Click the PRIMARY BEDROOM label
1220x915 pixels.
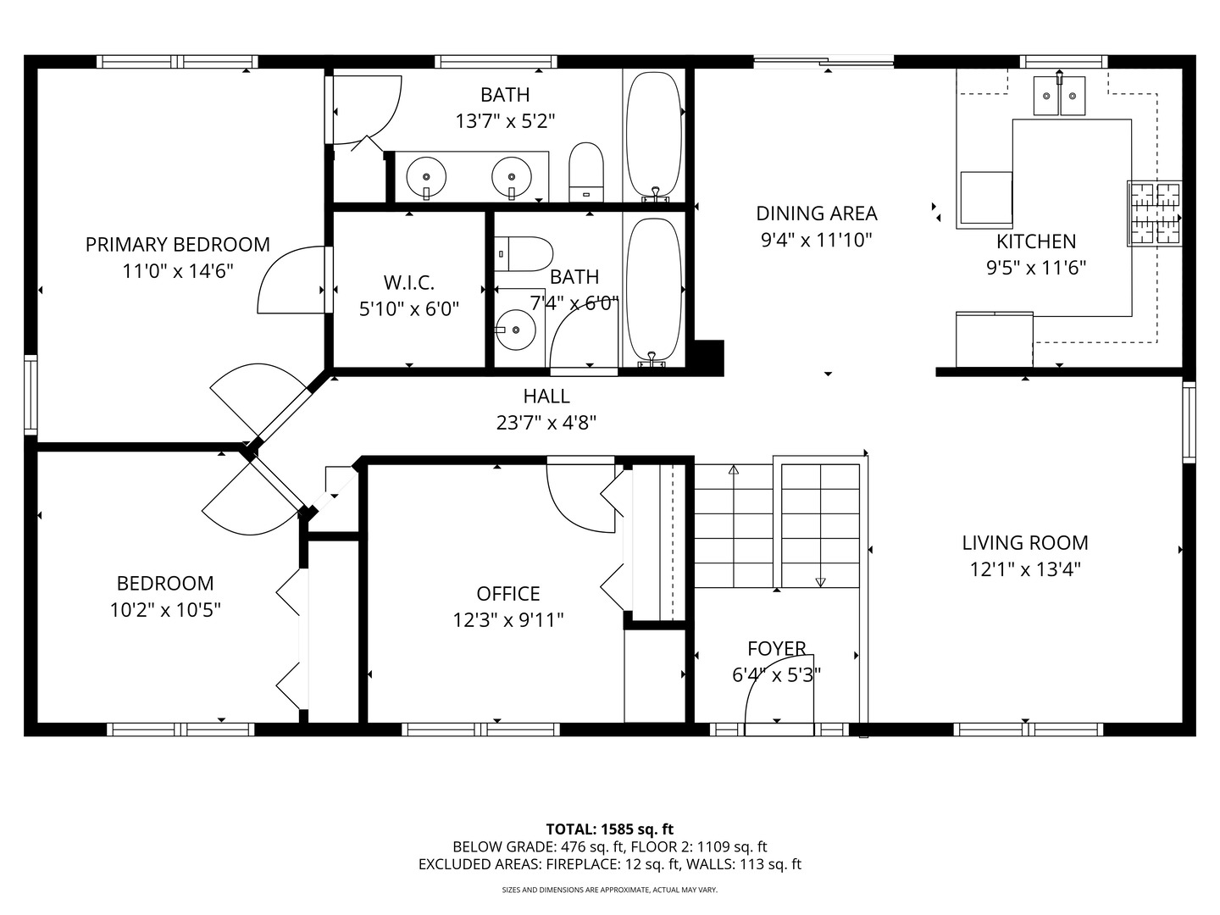[177, 245]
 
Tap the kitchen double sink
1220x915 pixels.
[1059, 96]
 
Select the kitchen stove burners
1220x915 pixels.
[1155, 213]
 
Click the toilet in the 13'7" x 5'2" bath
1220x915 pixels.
[585, 172]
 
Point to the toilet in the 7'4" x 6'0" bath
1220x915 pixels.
[523, 254]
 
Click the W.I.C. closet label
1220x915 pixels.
[408, 283]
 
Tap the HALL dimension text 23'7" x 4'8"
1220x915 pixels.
[546, 424]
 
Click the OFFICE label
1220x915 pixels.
[508, 594]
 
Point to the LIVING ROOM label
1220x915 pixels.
[1025, 543]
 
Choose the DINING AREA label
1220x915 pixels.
[817, 213]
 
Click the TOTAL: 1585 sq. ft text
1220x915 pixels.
[610, 829]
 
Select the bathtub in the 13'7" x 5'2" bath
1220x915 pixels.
[653, 136]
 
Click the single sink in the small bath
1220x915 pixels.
[515, 330]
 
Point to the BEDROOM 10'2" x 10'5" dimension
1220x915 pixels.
[165, 611]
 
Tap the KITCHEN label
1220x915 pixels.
[1036, 241]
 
